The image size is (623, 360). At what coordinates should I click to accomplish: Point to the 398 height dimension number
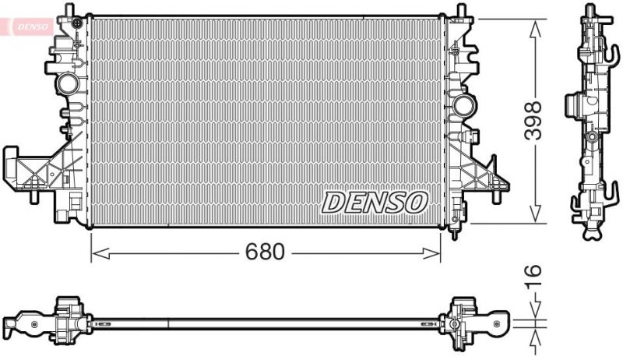click(x=533, y=121)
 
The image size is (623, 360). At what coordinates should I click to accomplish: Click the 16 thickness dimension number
click(x=533, y=277)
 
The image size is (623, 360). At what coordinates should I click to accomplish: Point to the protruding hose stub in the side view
click(x=572, y=104)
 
